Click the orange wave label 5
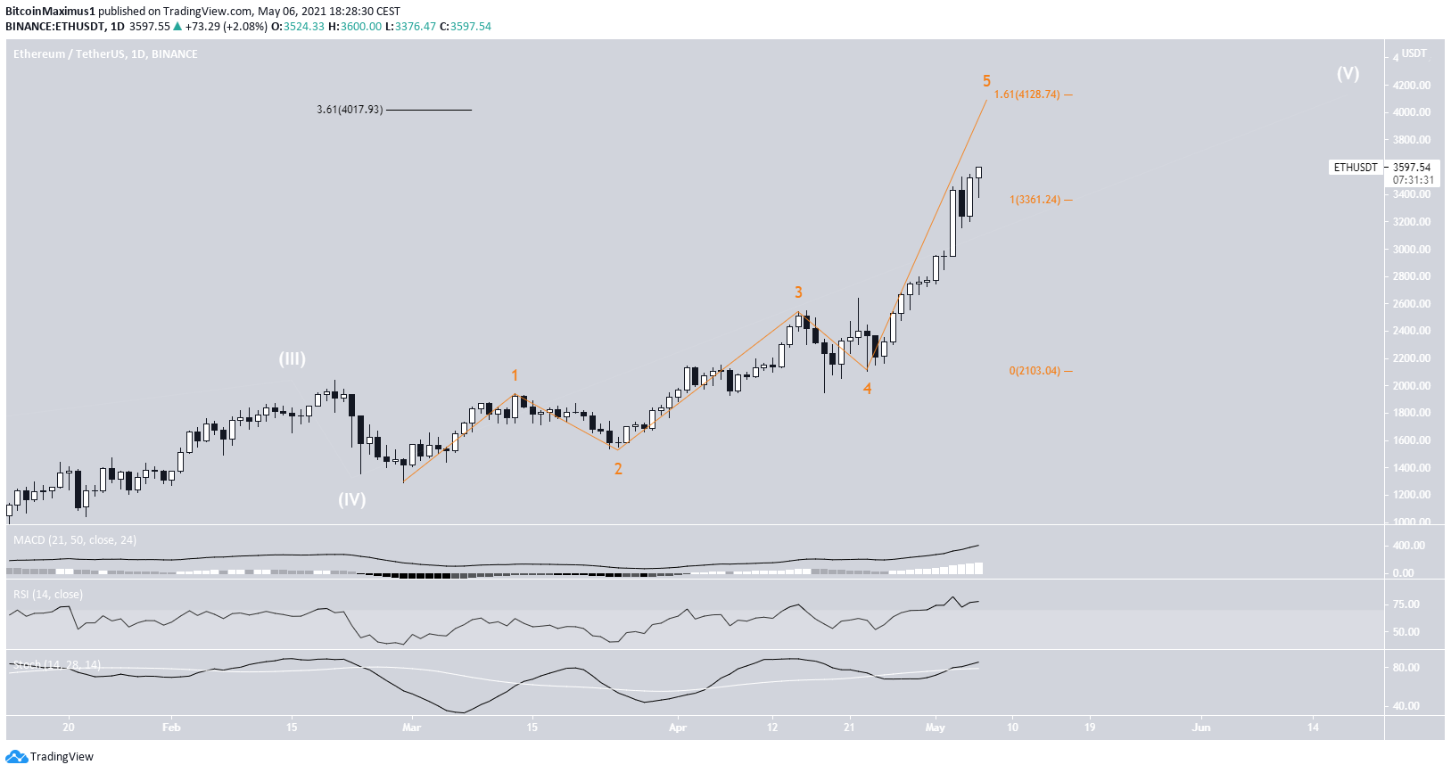986,81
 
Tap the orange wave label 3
798,292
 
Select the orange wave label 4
867,388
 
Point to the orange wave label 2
618,469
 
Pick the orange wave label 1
515,375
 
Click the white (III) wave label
293,358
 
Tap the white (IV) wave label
351,499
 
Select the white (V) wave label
1348,73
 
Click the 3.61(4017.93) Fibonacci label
350,110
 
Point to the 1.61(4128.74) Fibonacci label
1027,95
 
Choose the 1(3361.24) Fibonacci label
1035,200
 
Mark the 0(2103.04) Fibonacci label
1035,371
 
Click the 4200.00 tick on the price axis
1412,86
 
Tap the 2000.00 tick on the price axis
1412,386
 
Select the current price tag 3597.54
1411,167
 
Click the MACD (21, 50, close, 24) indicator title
75,540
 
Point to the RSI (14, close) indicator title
48,595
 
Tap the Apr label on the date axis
678,728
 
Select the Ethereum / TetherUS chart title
105,54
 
